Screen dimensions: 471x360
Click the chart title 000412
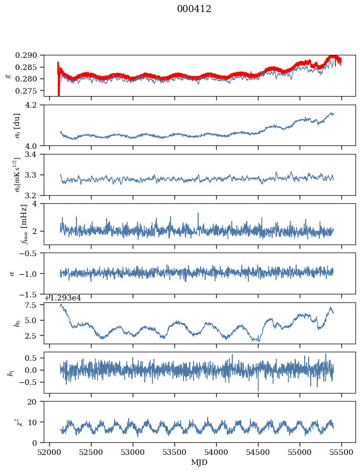194,9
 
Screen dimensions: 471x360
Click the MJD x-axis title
200,462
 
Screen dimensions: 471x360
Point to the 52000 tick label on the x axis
49,452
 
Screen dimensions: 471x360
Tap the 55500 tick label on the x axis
342,452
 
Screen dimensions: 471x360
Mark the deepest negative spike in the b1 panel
258,390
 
